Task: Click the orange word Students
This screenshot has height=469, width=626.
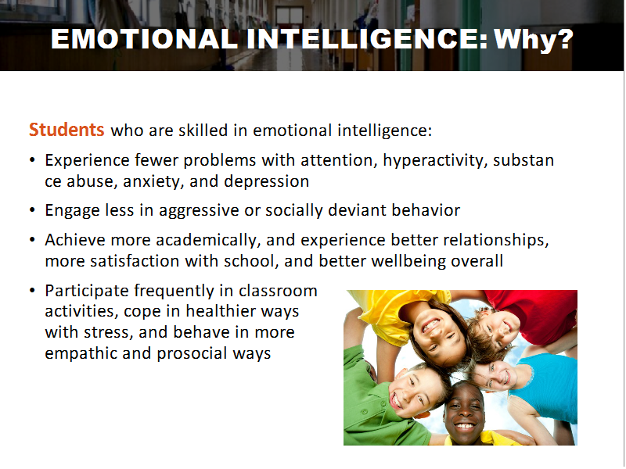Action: [x=67, y=130]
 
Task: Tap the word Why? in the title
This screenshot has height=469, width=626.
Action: [x=534, y=40]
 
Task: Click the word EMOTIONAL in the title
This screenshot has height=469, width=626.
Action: [x=145, y=39]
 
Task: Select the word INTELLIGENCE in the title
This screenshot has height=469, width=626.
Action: [x=367, y=39]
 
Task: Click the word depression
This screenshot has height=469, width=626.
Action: [x=266, y=181]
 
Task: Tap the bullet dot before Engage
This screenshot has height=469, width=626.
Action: [x=32, y=210]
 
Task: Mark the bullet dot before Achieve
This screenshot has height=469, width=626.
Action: [x=32, y=240]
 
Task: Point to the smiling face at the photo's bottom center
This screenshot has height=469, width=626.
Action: [x=464, y=412]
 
